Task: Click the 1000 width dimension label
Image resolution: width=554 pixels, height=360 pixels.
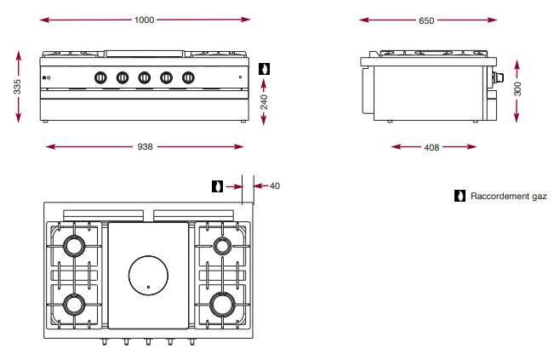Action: (144, 20)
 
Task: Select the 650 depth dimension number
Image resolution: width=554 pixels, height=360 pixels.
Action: (426, 20)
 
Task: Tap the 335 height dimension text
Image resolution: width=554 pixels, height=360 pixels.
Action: (17, 87)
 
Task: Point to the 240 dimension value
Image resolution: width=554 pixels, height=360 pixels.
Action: (264, 102)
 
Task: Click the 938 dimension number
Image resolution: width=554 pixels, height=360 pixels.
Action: (145, 146)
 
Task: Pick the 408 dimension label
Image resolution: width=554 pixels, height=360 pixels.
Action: (431, 147)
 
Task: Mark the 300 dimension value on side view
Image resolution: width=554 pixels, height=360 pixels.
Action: (517, 89)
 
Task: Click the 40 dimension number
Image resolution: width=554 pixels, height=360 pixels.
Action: (275, 186)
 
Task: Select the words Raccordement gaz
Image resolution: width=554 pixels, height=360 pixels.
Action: (508, 196)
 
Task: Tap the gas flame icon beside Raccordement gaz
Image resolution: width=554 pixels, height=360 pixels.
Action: (460, 196)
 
